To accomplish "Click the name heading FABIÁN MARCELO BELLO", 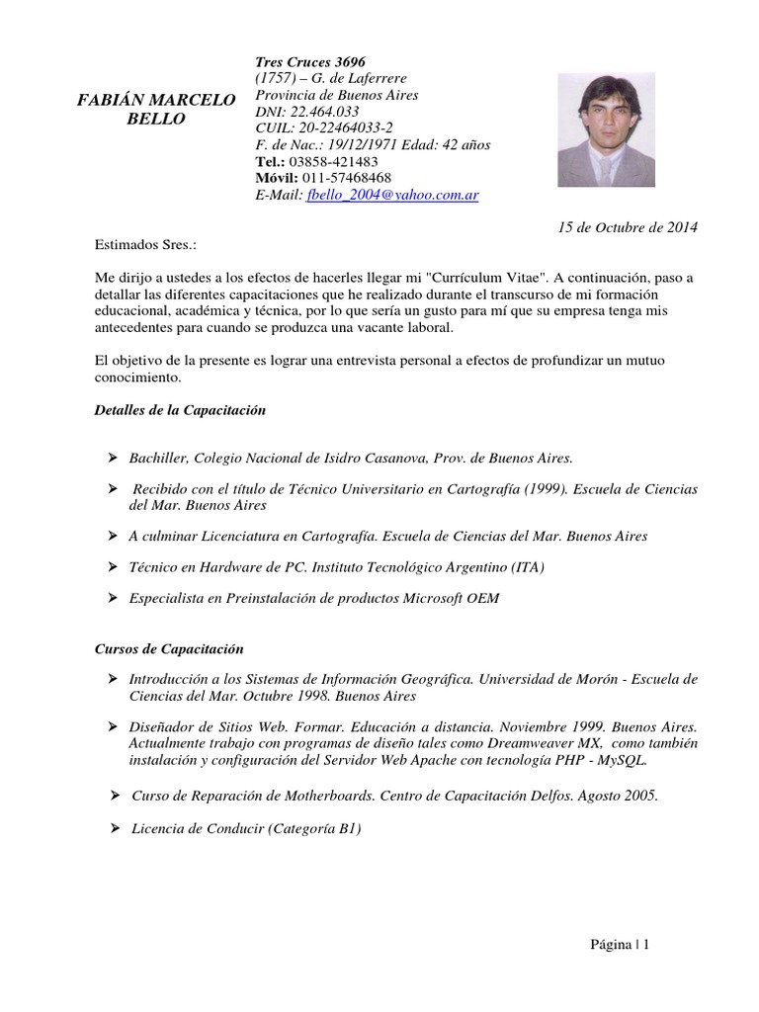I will point(156,110).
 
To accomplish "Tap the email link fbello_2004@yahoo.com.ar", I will point(392,196).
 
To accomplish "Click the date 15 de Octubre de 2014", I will point(628,227).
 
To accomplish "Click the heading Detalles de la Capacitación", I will point(180,409).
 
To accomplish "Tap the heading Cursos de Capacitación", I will point(169,649).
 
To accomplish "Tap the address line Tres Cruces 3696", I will point(310,62).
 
